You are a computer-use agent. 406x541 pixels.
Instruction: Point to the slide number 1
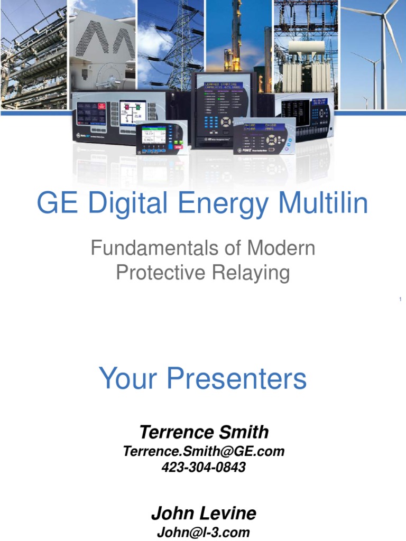(x=400, y=300)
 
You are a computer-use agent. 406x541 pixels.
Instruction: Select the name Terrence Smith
(x=204, y=432)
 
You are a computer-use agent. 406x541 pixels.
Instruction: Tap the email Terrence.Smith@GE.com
(x=204, y=451)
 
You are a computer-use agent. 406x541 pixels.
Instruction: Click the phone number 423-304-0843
(x=204, y=467)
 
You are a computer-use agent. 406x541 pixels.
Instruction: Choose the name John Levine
(x=204, y=513)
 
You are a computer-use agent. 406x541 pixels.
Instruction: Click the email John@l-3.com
(x=204, y=532)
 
